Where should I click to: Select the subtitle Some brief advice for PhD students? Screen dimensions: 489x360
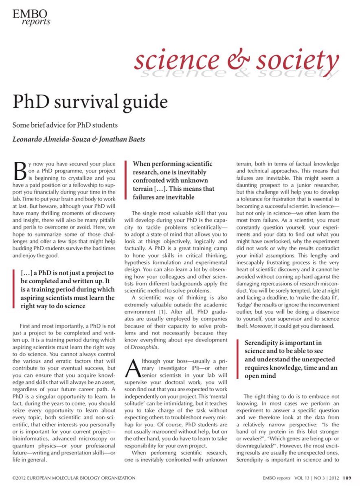tap(65, 125)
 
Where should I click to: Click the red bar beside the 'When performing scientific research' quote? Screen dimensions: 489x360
tap(127, 180)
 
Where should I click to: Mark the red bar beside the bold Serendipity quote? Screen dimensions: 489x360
tap(239, 359)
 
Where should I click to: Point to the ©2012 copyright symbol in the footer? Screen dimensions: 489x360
tap(14, 478)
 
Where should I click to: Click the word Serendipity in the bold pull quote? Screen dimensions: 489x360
tap(263, 343)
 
